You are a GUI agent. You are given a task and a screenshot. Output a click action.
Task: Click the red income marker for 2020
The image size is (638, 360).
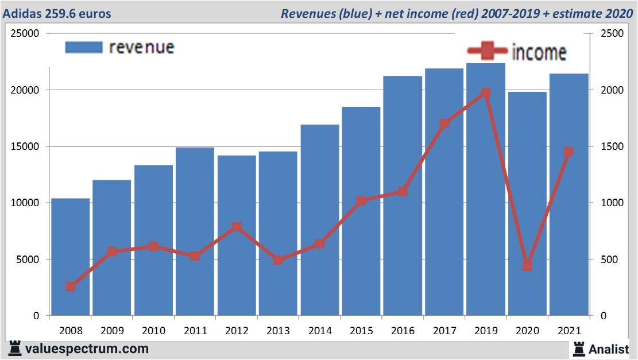pyautogui.click(x=527, y=266)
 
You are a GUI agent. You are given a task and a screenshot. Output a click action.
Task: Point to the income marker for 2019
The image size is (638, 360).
pyautogui.click(x=486, y=92)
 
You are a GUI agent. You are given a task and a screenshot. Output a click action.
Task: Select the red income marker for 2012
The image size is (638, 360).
pyautogui.click(x=237, y=226)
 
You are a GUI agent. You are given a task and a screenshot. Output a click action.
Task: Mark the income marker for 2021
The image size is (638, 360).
pyautogui.click(x=569, y=152)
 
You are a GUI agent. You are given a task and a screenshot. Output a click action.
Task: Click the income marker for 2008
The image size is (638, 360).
pyautogui.click(x=71, y=287)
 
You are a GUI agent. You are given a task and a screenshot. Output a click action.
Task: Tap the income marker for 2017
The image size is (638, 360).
pyautogui.click(x=444, y=123)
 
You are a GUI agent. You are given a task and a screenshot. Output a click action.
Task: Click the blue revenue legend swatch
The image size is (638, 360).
pyautogui.click(x=83, y=47)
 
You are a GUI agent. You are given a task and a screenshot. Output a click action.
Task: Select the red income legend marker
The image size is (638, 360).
pyautogui.click(x=487, y=52)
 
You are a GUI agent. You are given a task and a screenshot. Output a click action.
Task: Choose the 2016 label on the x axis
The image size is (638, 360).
pyautogui.click(x=403, y=331)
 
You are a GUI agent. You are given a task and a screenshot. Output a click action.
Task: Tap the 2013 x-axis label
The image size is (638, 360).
pyautogui.click(x=278, y=331)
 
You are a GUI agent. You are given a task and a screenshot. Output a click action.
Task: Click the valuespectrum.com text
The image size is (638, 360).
pyautogui.click(x=86, y=349)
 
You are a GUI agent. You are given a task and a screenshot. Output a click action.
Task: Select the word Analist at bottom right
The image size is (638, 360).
pyautogui.click(x=609, y=349)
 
